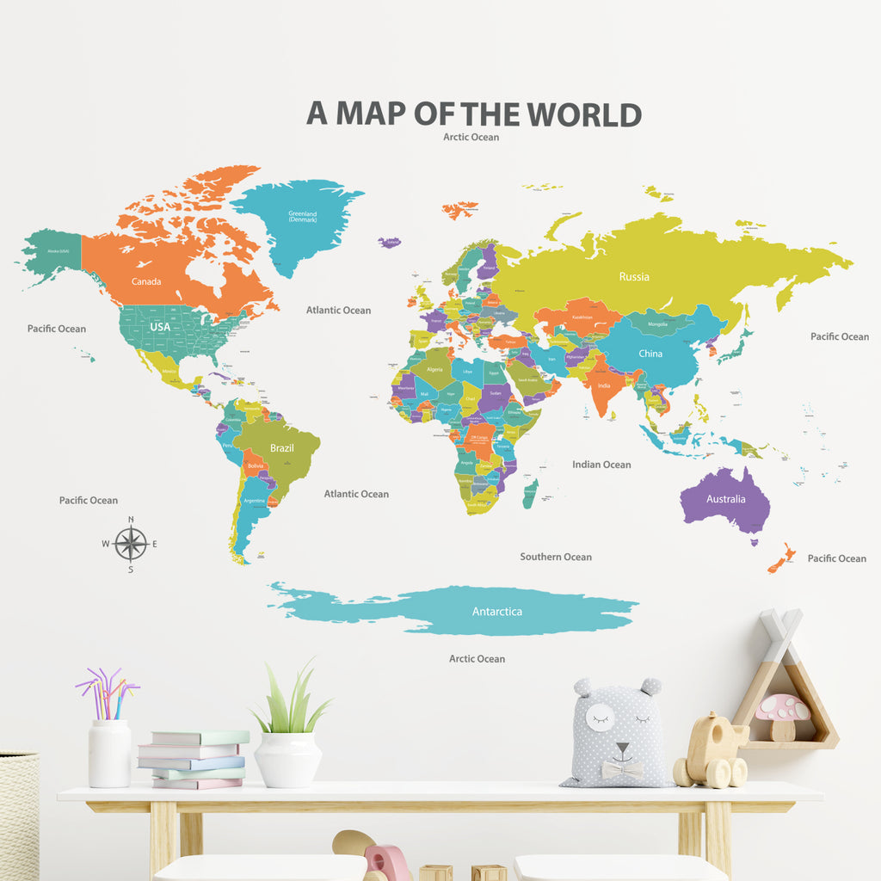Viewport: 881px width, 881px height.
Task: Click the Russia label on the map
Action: pos(634,276)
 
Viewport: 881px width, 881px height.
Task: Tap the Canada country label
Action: pos(146,281)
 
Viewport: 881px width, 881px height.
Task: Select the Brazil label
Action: pos(282,447)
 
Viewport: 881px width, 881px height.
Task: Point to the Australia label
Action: pos(726,499)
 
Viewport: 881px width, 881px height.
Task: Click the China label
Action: pos(650,354)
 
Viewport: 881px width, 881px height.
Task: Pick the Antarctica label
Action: pos(497,612)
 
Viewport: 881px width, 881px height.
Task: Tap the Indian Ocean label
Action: pos(601,465)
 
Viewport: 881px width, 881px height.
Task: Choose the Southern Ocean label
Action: pos(556,557)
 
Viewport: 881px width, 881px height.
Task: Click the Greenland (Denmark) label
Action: pos(303,217)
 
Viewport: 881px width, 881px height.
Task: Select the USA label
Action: pos(161,327)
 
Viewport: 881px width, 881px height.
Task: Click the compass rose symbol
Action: pos(131,544)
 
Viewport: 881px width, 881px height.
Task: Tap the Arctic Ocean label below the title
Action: pos(471,137)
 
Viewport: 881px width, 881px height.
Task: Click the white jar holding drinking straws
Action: pos(110,753)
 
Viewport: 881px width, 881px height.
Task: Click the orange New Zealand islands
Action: pos(781,560)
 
